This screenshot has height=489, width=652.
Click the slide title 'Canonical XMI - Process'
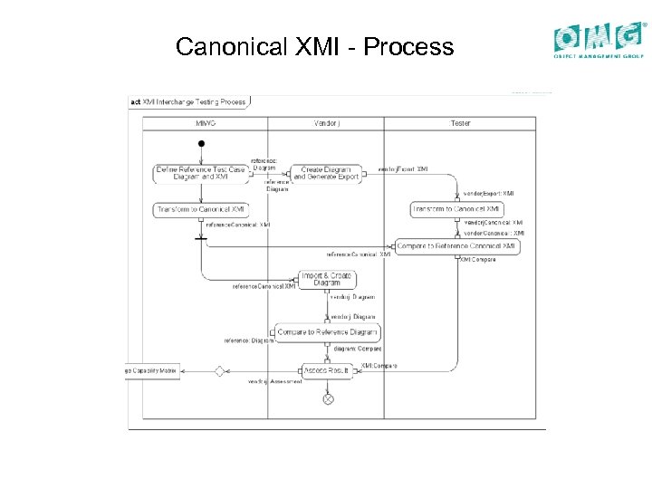(314, 46)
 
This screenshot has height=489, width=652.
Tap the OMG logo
(600, 41)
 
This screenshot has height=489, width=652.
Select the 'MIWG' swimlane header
(206, 123)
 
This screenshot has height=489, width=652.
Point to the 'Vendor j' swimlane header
(326, 123)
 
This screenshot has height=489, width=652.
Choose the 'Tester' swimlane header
(460, 123)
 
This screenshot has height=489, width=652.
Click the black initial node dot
(201, 144)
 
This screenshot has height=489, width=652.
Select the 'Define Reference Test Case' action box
(200, 173)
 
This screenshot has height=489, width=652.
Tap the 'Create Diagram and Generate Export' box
(326, 173)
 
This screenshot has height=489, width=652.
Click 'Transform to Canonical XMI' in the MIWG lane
(200, 209)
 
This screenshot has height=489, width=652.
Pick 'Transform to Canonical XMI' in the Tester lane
(455, 209)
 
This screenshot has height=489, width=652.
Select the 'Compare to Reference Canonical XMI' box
(457, 245)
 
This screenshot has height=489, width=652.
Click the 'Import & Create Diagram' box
(327, 279)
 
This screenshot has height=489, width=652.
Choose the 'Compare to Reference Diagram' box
(326, 332)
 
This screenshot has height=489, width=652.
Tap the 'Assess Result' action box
(327, 370)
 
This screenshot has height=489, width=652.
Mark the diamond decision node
(218, 370)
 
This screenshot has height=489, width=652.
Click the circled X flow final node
(328, 398)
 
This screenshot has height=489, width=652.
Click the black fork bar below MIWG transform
(201, 239)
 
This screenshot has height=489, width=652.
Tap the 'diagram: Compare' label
(358, 349)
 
